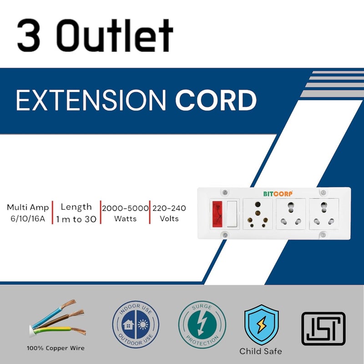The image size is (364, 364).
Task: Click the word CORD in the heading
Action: pyautogui.click(x=216, y=101)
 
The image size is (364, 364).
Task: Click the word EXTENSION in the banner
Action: pyautogui.click(x=91, y=101)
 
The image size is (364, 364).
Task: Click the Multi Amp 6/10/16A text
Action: pyautogui.click(x=27, y=213)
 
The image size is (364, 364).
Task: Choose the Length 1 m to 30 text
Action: pyautogui.click(x=76, y=213)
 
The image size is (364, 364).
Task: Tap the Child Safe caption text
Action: pyautogui.click(x=261, y=351)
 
